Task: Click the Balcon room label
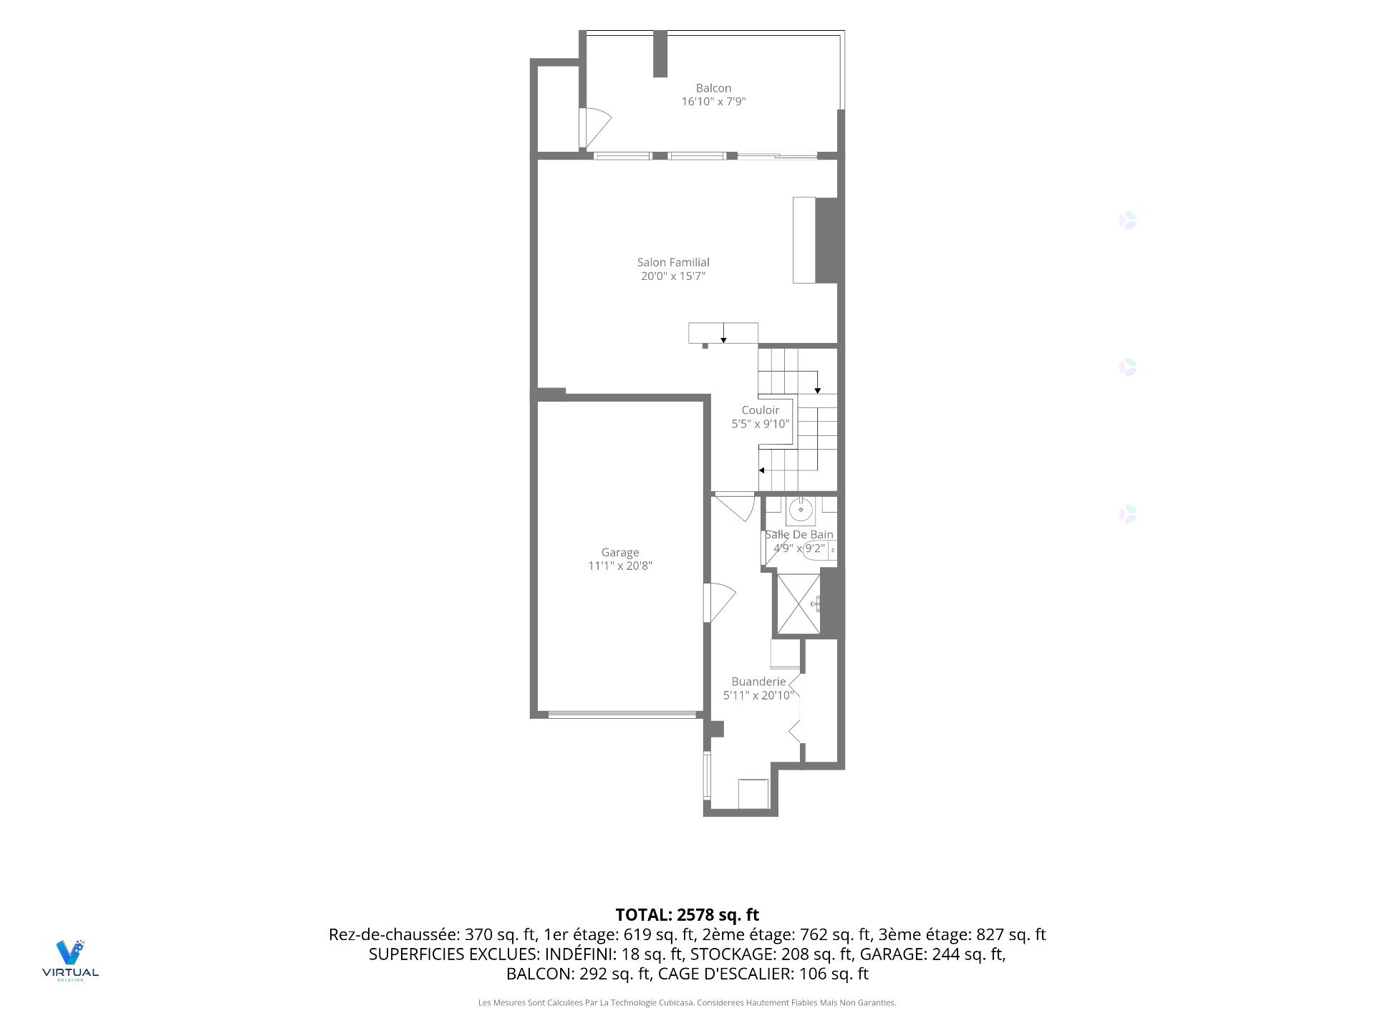click(713, 88)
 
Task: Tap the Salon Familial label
click(673, 262)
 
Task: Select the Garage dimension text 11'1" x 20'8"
click(620, 566)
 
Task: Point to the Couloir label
click(760, 410)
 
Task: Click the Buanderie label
click(758, 682)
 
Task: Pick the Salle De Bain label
click(799, 535)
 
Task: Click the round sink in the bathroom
click(801, 510)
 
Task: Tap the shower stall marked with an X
click(799, 604)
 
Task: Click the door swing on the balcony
click(595, 129)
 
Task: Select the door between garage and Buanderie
click(720, 603)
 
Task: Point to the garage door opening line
click(622, 714)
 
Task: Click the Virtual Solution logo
click(70, 960)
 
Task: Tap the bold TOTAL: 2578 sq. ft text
click(687, 914)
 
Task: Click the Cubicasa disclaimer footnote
click(687, 1002)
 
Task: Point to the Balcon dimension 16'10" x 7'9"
click(713, 102)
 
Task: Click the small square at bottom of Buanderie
click(753, 793)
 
